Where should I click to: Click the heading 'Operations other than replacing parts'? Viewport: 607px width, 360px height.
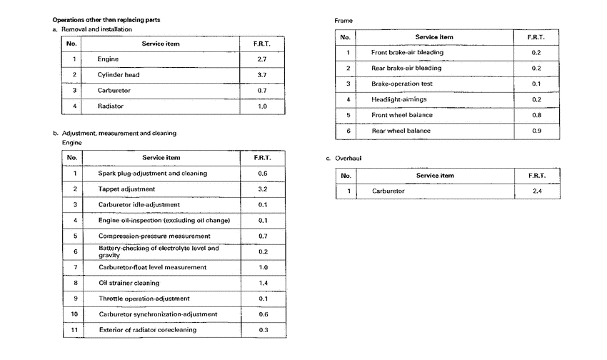(x=106, y=19)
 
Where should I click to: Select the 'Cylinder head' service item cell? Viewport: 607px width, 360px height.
(x=119, y=74)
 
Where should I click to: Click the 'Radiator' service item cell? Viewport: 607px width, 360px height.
(x=111, y=106)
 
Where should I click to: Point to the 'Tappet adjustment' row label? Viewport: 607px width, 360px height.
(x=126, y=189)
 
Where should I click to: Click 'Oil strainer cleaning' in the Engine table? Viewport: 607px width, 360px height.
(x=129, y=283)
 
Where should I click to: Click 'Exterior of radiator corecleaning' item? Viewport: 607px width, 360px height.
(x=147, y=329)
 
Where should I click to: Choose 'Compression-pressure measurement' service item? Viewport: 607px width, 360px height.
(x=154, y=236)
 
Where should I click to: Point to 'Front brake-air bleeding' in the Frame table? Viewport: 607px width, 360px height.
(x=407, y=52)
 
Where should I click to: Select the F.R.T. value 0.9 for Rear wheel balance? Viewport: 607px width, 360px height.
(x=536, y=131)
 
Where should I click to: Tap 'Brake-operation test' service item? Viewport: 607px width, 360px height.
(x=402, y=84)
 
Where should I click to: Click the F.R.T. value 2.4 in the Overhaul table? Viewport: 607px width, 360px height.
(x=536, y=191)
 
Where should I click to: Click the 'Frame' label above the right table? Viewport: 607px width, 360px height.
(x=343, y=21)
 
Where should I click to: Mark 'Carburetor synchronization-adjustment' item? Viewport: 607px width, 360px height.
(x=157, y=314)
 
